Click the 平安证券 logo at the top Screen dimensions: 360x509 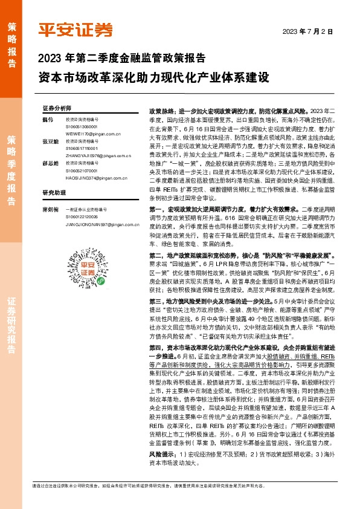click(x=75, y=29)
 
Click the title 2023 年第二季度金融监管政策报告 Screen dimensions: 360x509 click(x=121, y=59)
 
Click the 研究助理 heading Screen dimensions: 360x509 click(x=54, y=193)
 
